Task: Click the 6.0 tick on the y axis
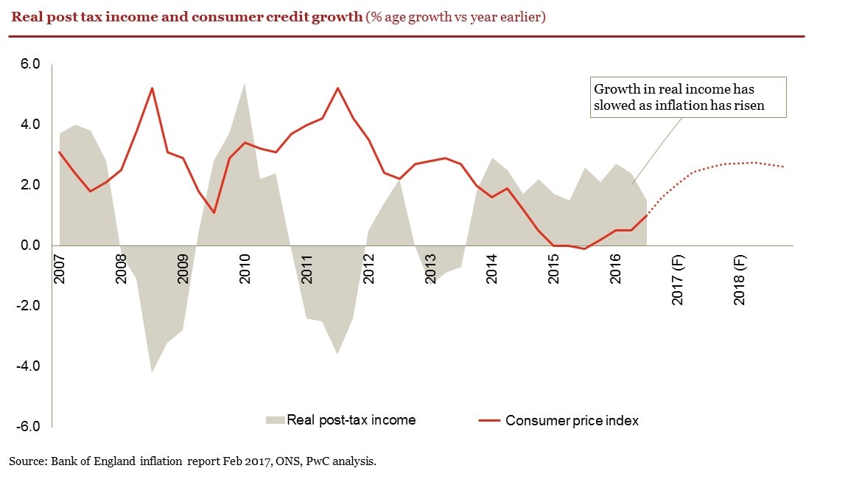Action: coord(29,64)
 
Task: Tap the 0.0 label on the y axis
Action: coord(29,245)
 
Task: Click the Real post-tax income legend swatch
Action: coord(275,420)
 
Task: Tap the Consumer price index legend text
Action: coord(572,421)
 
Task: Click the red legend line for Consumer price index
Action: coord(489,421)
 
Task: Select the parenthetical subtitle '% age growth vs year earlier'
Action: coord(455,16)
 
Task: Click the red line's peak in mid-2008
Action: coord(152,88)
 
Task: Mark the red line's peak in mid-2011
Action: coord(337,88)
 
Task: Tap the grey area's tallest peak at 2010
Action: coord(245,83)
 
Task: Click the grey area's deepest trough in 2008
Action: coord(152,371)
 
